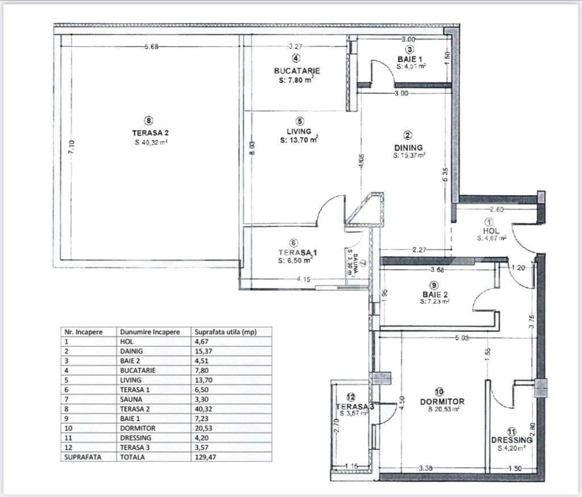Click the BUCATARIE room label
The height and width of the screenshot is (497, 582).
297,71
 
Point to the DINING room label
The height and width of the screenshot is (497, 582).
408,148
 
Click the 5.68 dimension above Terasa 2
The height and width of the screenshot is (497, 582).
151,47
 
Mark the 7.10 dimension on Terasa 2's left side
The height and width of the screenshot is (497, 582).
71,148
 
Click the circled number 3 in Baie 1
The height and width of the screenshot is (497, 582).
409,49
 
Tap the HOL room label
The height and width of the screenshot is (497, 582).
491,231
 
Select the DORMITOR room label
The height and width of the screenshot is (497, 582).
438,401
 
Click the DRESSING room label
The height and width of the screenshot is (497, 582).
512,440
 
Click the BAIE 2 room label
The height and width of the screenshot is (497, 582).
435,294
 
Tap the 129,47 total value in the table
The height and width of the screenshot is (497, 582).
205,457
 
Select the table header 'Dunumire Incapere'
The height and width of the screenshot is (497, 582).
149,332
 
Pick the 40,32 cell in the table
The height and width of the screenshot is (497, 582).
205,409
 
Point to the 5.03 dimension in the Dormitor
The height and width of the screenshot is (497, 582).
461,339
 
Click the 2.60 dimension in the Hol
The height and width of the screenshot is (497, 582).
497,209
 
